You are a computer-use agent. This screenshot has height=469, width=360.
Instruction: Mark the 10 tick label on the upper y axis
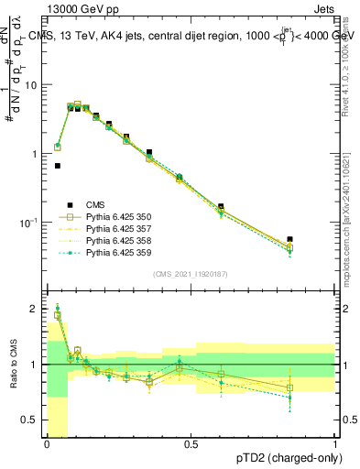point(32,84)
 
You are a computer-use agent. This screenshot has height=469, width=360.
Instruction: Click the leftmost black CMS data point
point(58,166)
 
